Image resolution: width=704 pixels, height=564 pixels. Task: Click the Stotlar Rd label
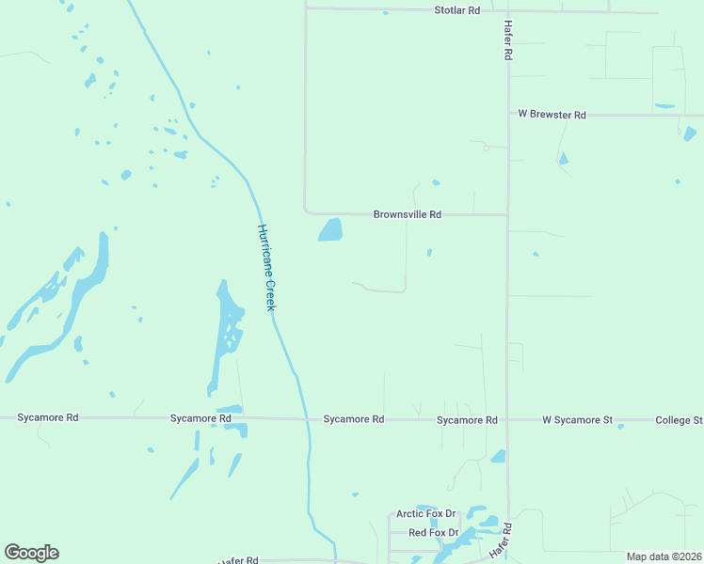click(456, 10)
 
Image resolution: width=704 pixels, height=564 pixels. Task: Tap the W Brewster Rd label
click(552, 115)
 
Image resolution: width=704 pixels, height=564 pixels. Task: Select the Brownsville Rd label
click(407, 214)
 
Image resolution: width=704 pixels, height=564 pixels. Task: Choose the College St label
click(679, 420)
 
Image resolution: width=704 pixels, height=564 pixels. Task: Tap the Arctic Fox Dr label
click(425, 514)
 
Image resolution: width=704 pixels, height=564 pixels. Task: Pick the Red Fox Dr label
click(433, 533)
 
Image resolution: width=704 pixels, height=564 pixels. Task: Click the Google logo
click(31, 553)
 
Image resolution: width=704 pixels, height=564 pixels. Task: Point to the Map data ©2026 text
click(664, 556)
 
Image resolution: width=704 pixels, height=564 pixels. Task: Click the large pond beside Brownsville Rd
click(330, 229)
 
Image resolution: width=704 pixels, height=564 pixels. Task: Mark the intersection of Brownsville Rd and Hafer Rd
click(508, 214)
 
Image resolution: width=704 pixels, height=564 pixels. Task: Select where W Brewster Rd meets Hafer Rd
click(508, 115)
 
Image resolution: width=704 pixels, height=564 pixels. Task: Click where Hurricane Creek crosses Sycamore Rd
click(307, 419)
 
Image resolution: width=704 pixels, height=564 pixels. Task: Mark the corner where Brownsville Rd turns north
click(306, 211)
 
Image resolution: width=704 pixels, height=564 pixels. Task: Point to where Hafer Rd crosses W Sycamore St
click(507, 420)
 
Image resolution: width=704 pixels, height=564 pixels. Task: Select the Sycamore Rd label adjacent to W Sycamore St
click(467, 420)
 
